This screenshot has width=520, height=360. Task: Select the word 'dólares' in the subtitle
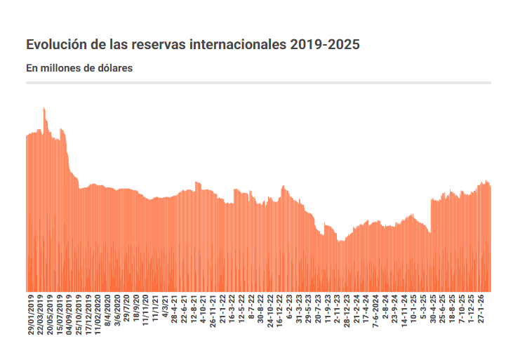point(116,69)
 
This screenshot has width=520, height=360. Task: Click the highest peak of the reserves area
point(44,108)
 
